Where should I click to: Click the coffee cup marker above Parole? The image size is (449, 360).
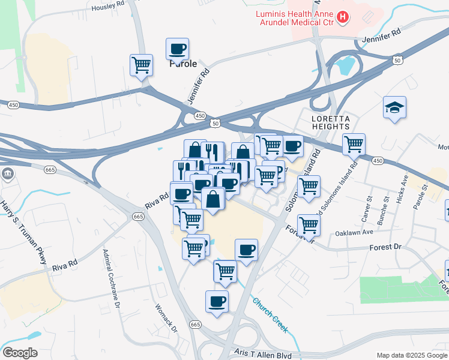click(177, 49)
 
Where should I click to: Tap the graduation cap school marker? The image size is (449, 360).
click(394, 107)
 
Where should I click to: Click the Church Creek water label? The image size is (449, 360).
click(270, 316)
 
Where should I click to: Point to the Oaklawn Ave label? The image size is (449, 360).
click(354, 232)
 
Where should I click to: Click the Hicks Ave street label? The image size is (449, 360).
click(403, 190)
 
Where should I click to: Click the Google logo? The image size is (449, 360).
click(19, 352)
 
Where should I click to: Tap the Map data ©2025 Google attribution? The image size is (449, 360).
click(412, 355)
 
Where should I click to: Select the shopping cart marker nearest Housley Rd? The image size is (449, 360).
click(141, 65)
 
